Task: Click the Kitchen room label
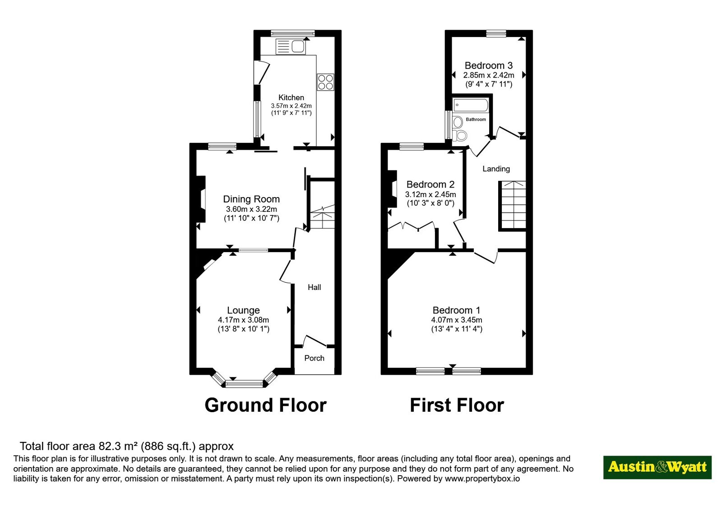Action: [x=291, y=97]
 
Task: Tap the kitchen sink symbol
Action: [x=291, y=47]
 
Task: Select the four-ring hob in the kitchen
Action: [x=325, y=82]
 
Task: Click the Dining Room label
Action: [x=251, y=199]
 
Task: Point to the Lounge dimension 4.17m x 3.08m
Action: [x=243, y=320]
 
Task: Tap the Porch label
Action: [x=314, y=358]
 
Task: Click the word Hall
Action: [x=314, y=287]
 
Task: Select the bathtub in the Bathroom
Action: [x=471, y=105]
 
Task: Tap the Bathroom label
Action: [x=476, y=119]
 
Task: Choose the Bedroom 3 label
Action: [x=489, y=65]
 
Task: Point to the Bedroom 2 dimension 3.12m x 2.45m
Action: [x=430, y=194]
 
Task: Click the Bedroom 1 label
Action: [x=456, y=310]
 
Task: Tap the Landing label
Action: [x=496, y=169]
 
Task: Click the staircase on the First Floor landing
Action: [x=513, y=206]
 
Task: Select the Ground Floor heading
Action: [x=266, y=405]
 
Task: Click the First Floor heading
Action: [x=457, y=405]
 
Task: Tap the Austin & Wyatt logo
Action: [x=657, y=467]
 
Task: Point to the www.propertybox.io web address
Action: [x=482, y=478]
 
